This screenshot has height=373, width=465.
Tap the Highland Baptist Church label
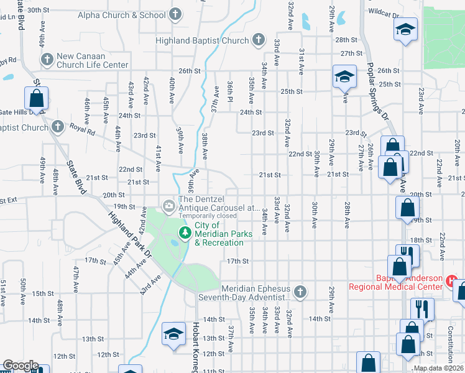202,41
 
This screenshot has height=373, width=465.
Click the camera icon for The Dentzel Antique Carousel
168,205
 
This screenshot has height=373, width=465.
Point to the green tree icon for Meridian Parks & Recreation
185,233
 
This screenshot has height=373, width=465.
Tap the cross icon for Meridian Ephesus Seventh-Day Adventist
300,292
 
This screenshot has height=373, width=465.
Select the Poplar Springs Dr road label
377,85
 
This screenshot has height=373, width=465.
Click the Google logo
20,366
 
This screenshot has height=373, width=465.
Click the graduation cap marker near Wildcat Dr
405,29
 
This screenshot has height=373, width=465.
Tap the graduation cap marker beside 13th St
174,334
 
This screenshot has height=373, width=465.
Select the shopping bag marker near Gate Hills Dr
36,98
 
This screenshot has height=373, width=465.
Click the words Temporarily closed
208,216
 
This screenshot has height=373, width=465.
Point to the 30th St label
38,10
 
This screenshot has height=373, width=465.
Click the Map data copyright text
438,369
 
